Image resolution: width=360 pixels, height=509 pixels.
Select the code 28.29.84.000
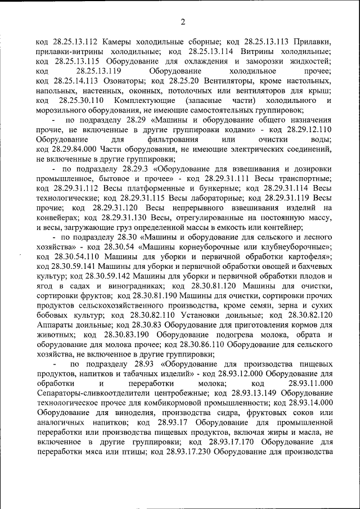tap(78, 150)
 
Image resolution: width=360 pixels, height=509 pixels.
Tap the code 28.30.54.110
tap(61, 257)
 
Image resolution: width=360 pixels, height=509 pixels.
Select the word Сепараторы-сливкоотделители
tap(88, 394)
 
